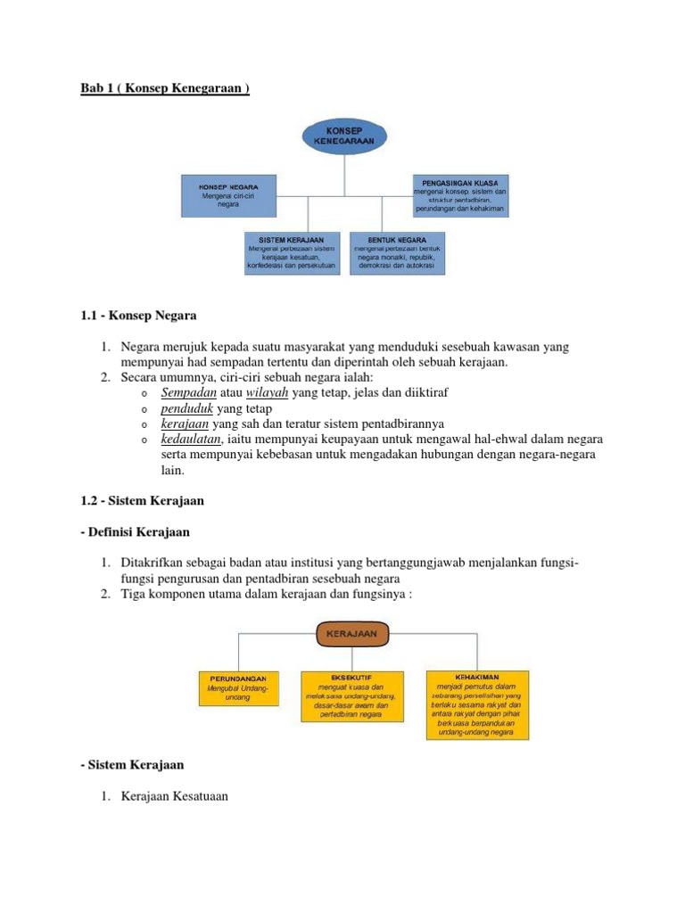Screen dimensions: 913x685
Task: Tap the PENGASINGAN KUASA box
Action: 459,195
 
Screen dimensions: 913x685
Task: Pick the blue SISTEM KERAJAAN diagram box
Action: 292,253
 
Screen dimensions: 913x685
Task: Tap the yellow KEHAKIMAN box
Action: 477,703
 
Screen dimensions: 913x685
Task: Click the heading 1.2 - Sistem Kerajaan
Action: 142,501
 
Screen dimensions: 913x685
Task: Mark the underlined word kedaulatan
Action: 193,440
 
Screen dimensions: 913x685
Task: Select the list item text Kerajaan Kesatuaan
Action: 175,796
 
